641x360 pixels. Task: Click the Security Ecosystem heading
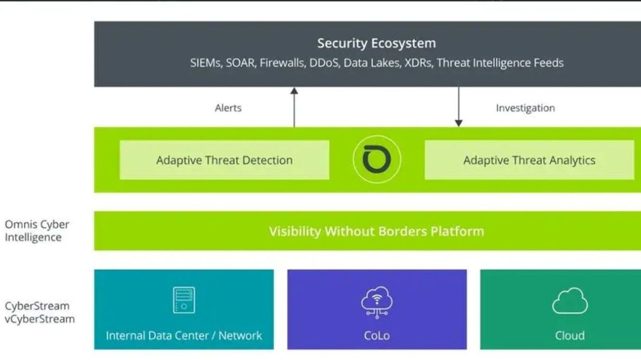[376, 43]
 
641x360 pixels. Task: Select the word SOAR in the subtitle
[240, 63]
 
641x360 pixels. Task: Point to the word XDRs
[418, 63]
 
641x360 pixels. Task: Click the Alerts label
[228, 108]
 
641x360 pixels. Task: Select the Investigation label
[525, 108]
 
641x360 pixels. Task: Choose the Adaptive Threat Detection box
[224, 160]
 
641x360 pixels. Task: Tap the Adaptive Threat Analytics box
[529, 160]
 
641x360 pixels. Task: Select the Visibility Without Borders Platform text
[376, 231]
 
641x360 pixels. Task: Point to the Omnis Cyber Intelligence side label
[37, 231]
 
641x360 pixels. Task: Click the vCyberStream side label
[39, 319]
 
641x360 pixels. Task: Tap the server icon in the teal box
[184, 300]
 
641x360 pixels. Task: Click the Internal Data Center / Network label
[184, 335]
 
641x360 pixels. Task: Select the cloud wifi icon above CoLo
[377, 301]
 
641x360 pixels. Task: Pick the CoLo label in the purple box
[377, 335]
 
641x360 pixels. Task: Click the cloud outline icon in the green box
[569, 301]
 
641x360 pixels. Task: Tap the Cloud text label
[569, 335]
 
